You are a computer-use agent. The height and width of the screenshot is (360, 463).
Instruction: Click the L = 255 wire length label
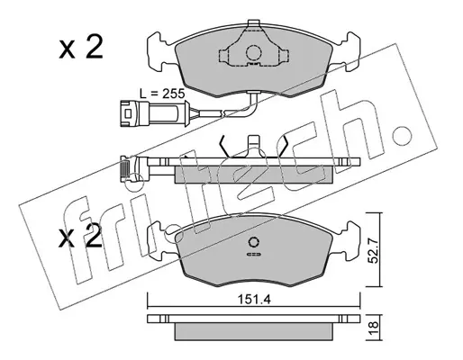(162, 94)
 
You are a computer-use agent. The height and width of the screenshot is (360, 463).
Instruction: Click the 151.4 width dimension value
(254, 299)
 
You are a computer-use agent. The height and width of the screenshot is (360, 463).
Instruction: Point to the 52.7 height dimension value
(373, 249)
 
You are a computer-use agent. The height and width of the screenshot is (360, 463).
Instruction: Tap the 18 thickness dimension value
(373, 328)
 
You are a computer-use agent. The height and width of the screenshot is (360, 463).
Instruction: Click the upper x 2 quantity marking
(81, 47)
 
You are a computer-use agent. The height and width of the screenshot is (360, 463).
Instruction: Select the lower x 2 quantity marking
(80, 237)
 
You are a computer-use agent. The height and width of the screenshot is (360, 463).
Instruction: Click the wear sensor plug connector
(154, 113)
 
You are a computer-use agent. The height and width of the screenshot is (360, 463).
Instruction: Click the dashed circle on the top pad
(254, 53)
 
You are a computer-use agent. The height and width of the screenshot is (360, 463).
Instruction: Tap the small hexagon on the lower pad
(254, 242)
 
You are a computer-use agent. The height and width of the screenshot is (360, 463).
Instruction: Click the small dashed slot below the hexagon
(254, 255)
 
